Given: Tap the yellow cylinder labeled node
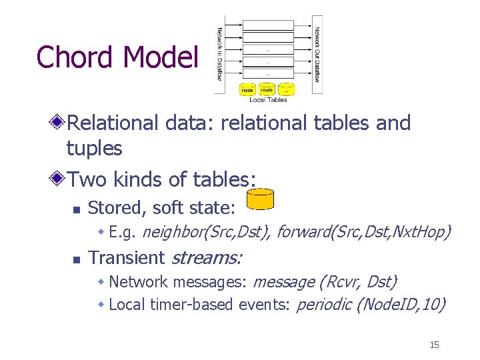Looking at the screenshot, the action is coord(247,89).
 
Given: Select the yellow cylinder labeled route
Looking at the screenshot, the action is coord(267,89).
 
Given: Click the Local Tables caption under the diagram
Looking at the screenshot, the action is coord(268,100).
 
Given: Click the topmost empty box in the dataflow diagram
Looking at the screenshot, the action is coord(268,24).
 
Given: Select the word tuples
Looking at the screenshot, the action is coord(94,148).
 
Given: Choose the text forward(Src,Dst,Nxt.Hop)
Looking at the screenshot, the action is coord(363,232).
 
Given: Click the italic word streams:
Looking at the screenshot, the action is coord(207,257).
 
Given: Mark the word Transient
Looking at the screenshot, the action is coord(127,257).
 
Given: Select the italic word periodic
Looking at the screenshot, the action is coord(324,305).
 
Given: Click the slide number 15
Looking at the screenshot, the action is coord(434,345).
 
